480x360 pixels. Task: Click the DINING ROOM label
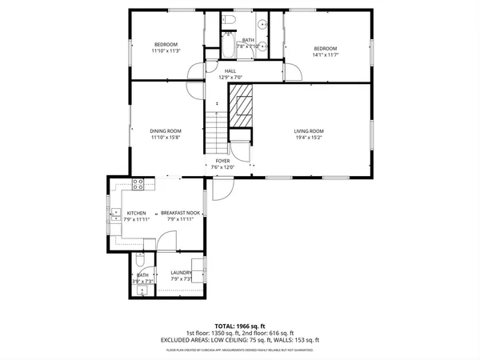click(166, 131)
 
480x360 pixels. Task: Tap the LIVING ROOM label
click(308, 131)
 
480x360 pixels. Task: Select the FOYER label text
click(222, 161)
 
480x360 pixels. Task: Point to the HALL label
click(230, 71)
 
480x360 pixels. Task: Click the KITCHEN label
click(136, 213)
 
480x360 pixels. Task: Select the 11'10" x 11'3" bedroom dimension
click(166, 50)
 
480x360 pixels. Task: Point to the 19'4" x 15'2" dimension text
click(308, 137)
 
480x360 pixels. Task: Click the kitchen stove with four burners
click(138, 183)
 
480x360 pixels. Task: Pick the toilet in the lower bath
click(140, 262)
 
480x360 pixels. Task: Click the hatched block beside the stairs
click(242, 106)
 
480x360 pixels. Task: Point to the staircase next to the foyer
click(217, 131)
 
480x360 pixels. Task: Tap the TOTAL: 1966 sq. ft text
click(240, 326)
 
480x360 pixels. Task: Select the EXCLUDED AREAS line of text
click(240, 340)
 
